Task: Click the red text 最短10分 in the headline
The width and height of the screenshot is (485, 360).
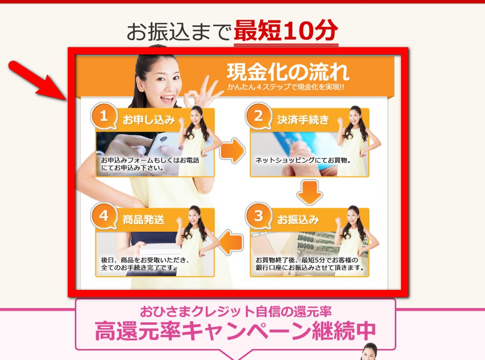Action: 286,31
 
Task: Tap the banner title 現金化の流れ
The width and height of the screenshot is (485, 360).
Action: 288,72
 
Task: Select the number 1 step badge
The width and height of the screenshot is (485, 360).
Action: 103,116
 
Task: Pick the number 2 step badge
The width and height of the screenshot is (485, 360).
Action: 258,116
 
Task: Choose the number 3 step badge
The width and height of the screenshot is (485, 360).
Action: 258,216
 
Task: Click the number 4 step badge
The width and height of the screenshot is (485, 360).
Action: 103,216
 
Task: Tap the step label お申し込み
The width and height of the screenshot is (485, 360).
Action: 149,120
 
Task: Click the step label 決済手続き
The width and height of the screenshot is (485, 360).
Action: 303,120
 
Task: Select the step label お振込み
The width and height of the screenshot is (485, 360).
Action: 298,220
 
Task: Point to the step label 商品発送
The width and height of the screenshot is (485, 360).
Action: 144,220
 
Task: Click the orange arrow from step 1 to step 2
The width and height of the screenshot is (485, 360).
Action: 232,151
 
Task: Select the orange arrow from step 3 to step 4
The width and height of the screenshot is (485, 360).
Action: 231,242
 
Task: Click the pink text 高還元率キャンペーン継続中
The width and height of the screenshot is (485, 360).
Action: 235,330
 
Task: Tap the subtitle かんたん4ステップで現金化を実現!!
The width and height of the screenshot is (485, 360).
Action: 286,87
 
